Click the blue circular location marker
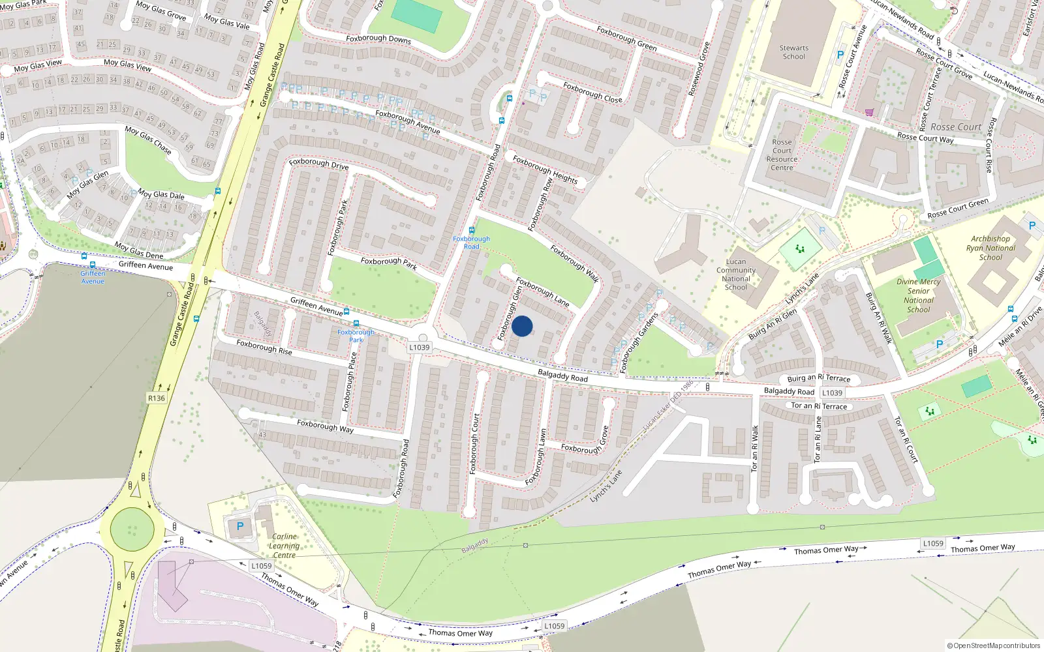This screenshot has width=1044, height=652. pyautogui.click(x=522, y=326)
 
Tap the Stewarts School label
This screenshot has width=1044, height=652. pyautogui.click(x=793, y=52)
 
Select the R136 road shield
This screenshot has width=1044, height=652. pyautogui.click(x=157, y=398)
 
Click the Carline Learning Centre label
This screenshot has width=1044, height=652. pyautogui.click(x=284, y=546)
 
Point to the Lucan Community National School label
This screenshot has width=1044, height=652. pyautogui.click(x=735, y=274)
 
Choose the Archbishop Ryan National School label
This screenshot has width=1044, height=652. pyautogui.click(x=990, y=248)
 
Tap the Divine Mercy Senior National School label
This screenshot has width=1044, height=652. pyautogui.click(x=919, y=296)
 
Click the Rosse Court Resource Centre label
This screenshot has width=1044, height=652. pyautogui.click(x=782, y=155)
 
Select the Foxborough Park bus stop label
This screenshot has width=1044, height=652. pyautogui.click(x=356, y=336)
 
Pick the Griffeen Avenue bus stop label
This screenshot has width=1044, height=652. pyautogui.click(x=93, y=277)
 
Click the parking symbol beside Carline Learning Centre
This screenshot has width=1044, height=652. pyautogui.click(x=240, y=526)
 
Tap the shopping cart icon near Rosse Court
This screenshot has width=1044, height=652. pyautogui.click(x=869, y=112)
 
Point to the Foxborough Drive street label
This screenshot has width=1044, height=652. pyautogui.click(x=318, y=163)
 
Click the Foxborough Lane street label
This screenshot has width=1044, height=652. pyautogui.click(x=542, y=291)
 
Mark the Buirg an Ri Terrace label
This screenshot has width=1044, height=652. pyautogui.click(x=818, y=378)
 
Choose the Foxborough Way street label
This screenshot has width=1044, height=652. pyautogui.click(x=325, y=426)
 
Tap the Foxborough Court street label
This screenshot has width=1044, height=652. pyautogui.click(x=474, y=443)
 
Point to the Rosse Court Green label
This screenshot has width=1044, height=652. pyautogui.click(x=958, y=209)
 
